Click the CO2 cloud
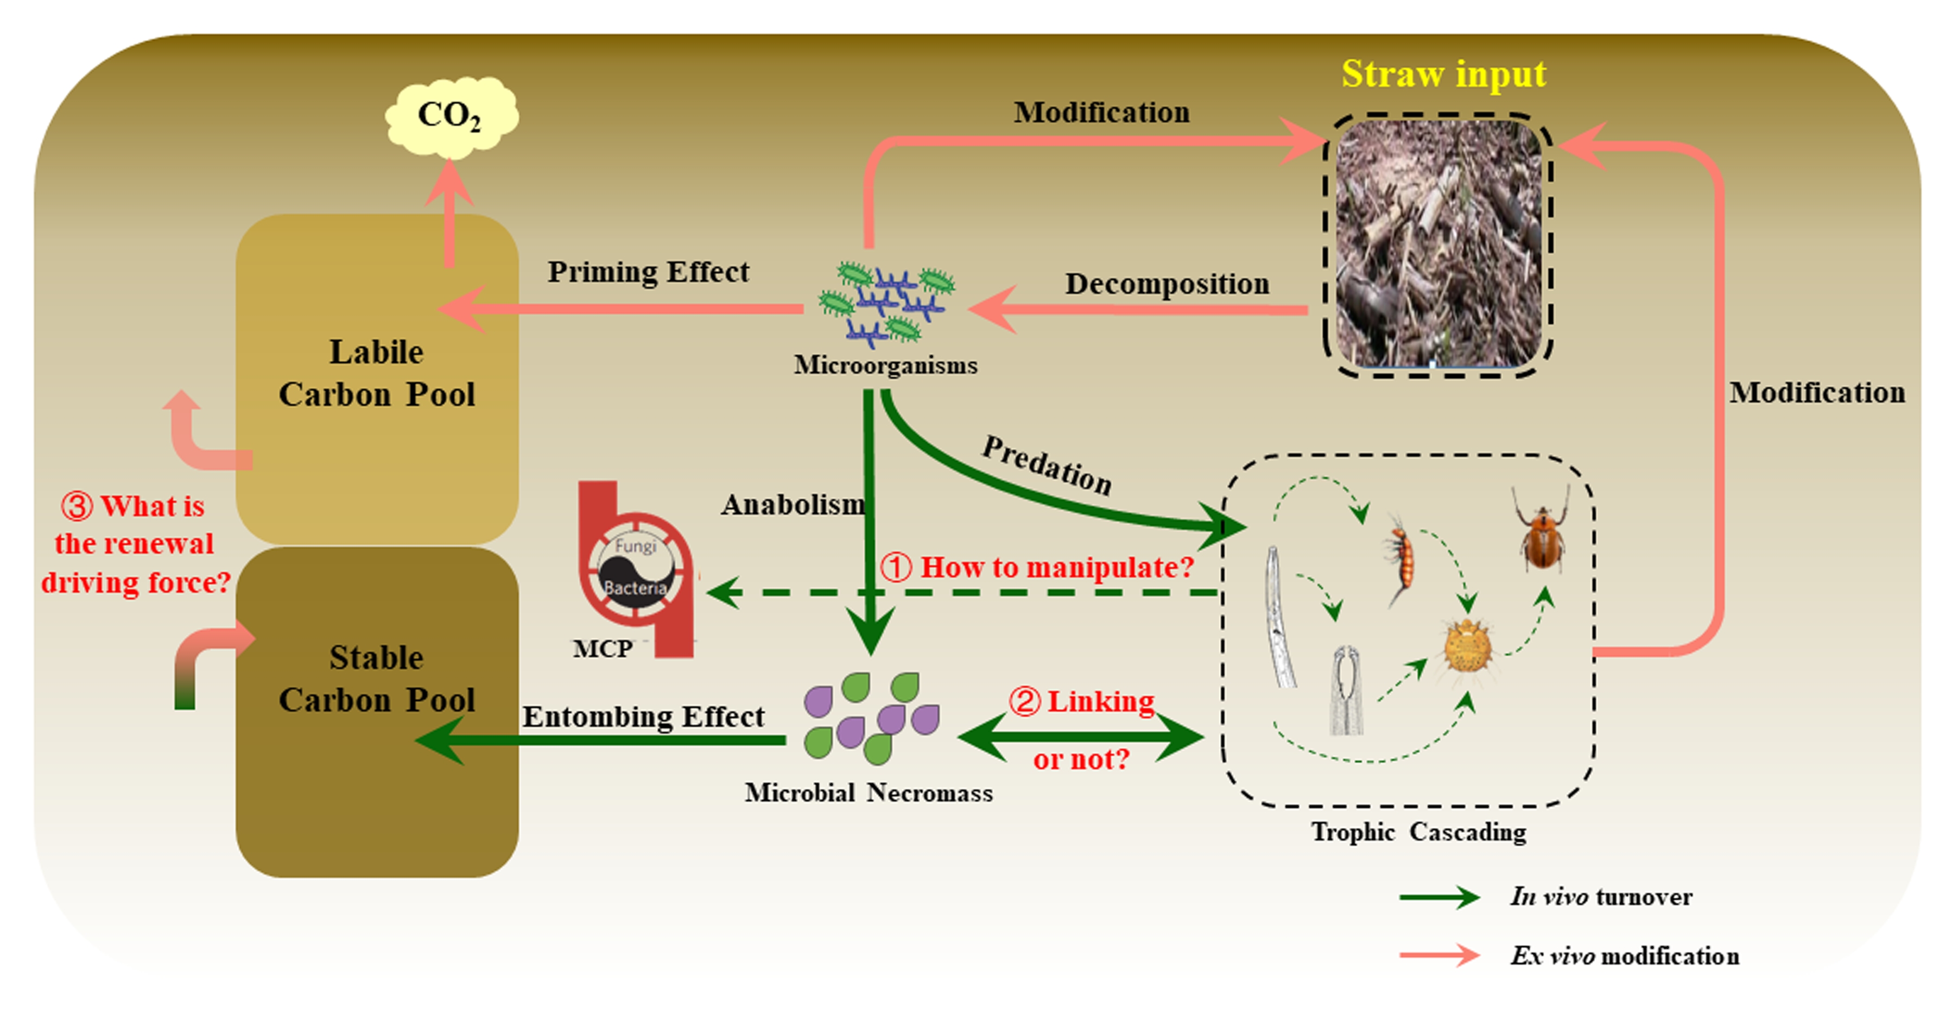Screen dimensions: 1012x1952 (x=451, y=116)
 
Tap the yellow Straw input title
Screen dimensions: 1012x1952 (x=1443, y=74)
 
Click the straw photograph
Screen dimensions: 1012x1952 (x=1437, y=245)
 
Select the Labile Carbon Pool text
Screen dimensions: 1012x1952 (x=377, y=373)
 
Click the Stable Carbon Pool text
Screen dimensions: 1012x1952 (x=377, y=678)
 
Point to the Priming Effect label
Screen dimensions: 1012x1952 (x=648, y=272)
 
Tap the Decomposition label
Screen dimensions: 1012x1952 (x=1167, y=284)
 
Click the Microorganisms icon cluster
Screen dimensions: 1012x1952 (x=886, y=303)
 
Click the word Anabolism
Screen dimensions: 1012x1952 (x=792, y=504)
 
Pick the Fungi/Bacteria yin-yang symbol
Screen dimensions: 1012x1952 (x=635, y=567)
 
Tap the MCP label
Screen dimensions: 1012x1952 (x=603, y=649)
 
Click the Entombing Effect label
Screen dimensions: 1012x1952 (x=643, y=716)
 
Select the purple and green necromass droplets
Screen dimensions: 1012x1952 (x=871, y=717)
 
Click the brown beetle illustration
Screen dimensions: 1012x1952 (x=1542, y=535)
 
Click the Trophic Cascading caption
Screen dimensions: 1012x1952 (x=1418, y=832)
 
